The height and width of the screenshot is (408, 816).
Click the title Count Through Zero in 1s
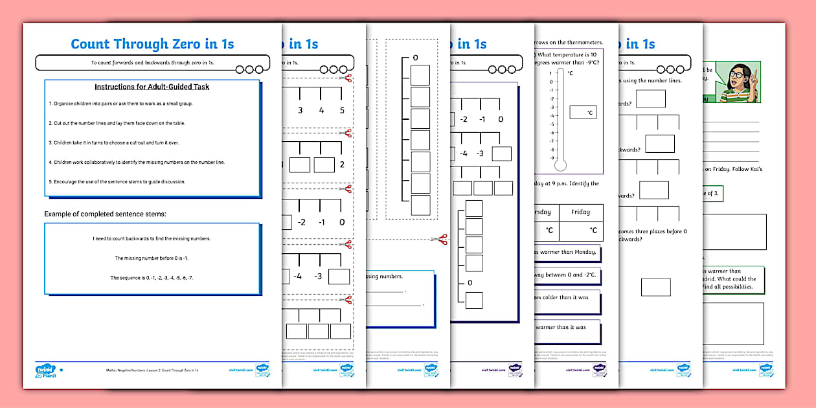[x=152, y=44]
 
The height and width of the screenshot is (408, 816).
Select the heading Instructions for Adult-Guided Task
[x=152, y=87]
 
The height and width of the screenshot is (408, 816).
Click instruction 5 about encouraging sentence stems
[x=117, y=182]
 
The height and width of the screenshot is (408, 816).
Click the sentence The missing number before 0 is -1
[x=152, y=258]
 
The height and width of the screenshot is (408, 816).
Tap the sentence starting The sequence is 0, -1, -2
[x=152, y=278]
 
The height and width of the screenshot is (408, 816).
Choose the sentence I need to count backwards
[x=152, y=239]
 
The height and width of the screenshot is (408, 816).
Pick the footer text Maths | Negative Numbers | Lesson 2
[x=152, y=372]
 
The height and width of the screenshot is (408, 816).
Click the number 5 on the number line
[x=342, y=110]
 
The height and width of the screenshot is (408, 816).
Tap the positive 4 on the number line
[x=321, y=110]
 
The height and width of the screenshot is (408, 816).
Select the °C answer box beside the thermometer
[x=583, y=112]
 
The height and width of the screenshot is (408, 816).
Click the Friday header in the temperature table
[x=580, y=212]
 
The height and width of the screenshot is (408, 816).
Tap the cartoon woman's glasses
[x=736, y=75]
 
